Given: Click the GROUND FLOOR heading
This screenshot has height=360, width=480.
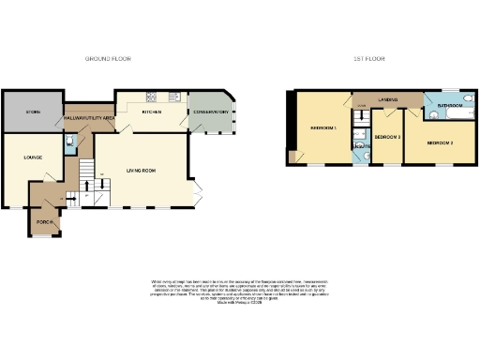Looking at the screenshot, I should pyautogui.click(x=109, y=59).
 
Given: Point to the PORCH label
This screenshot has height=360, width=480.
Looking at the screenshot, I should pyautogui.click(x=43, y=222).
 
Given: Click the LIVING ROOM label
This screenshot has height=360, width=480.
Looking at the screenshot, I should pyautogui.click(x=143, y=170).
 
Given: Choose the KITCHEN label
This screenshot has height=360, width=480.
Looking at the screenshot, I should pyautogui.click(x=151, y=112).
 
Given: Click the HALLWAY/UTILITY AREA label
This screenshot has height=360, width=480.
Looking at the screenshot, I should pyautogui.click(x=89, y=118).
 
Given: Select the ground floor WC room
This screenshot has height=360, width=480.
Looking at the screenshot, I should pyautogui.click(x=69, y=143).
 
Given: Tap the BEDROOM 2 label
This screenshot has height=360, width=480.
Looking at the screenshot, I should pyautogui.click(x=440, y=143).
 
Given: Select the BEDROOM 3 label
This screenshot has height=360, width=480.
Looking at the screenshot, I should pyautogui.click(x=387, y=137).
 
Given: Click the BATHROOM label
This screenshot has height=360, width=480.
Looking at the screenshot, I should pyautogui.click(x=450, y=106).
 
